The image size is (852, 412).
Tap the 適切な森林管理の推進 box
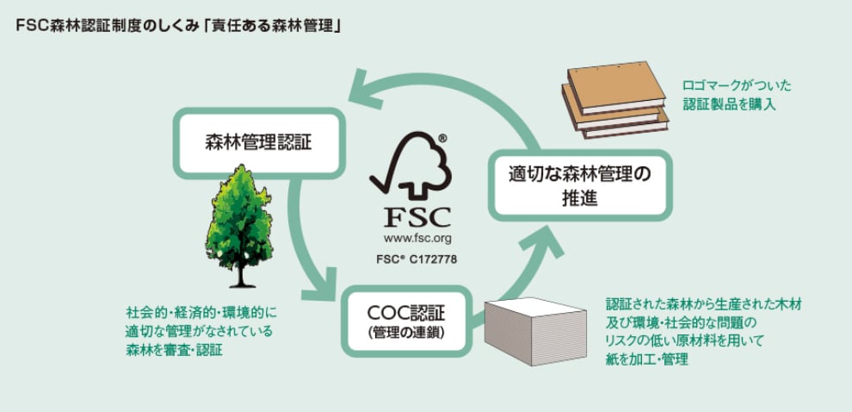click(579, 185)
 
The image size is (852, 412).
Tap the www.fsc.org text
click(410, 237)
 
